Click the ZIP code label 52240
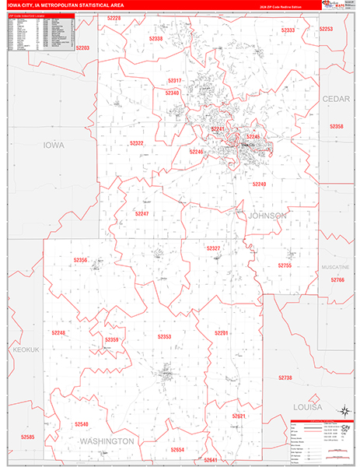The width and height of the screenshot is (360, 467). [259, 184]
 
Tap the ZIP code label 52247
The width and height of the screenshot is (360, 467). [142, 213]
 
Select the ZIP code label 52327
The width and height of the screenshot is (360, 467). [214, 248]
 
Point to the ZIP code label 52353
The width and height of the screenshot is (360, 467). [164, 336]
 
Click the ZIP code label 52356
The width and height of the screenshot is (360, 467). [80, 261]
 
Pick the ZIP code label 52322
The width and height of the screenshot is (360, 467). [137, 143]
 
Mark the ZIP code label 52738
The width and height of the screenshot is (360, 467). [285, 377]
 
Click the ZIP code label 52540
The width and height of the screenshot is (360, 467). [82, 424]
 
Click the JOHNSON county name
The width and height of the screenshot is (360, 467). [267, 215]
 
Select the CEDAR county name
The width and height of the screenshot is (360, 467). [336, 99]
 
